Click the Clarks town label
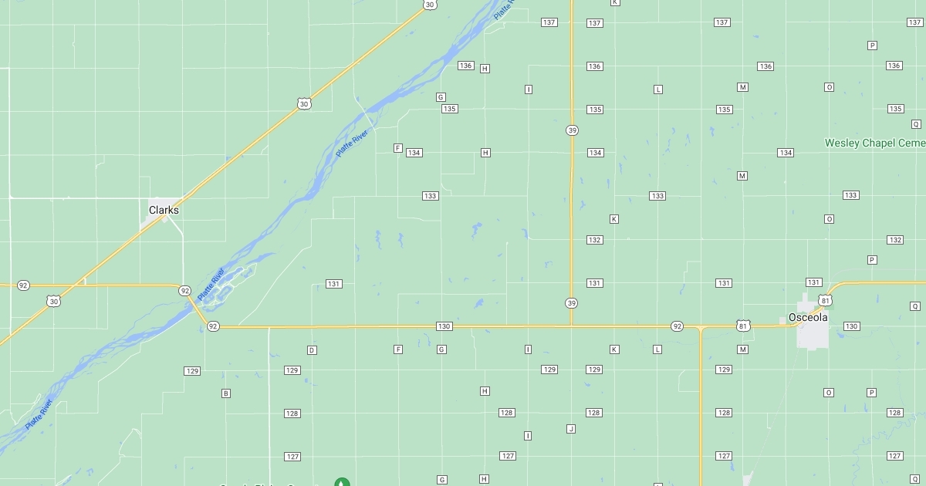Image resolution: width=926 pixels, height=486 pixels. click(164, 210)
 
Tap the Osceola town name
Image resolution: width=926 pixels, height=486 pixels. click(808, 318)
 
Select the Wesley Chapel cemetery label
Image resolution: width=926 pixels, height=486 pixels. click(874, 143)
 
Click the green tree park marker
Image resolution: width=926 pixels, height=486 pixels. click(342, 482)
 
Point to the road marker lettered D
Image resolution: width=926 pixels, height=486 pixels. click(312, 350)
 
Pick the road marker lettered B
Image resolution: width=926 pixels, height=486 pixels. click(226, 393)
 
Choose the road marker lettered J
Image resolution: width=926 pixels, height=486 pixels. click(571, 429)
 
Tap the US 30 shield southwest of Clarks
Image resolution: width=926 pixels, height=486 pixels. click(52, 301)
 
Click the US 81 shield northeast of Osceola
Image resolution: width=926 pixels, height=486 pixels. click(826, 300)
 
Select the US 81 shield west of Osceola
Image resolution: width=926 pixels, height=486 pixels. click(742, 326)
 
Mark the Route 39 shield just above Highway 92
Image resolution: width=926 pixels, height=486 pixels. click(571, 302)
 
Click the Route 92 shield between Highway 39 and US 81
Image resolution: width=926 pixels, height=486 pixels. click(677, 326)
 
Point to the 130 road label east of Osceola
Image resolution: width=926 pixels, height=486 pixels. click(851, 326)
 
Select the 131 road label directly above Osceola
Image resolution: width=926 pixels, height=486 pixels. click(813, 282)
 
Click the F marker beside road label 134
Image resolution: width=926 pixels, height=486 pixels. click(398, 148)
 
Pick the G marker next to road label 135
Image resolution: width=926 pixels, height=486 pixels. click(441, 97)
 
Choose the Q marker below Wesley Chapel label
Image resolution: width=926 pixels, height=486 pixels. click(916, 123)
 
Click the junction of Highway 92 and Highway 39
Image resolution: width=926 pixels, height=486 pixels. click(571, 326)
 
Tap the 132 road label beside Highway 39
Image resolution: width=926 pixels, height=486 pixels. click(594, 240)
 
